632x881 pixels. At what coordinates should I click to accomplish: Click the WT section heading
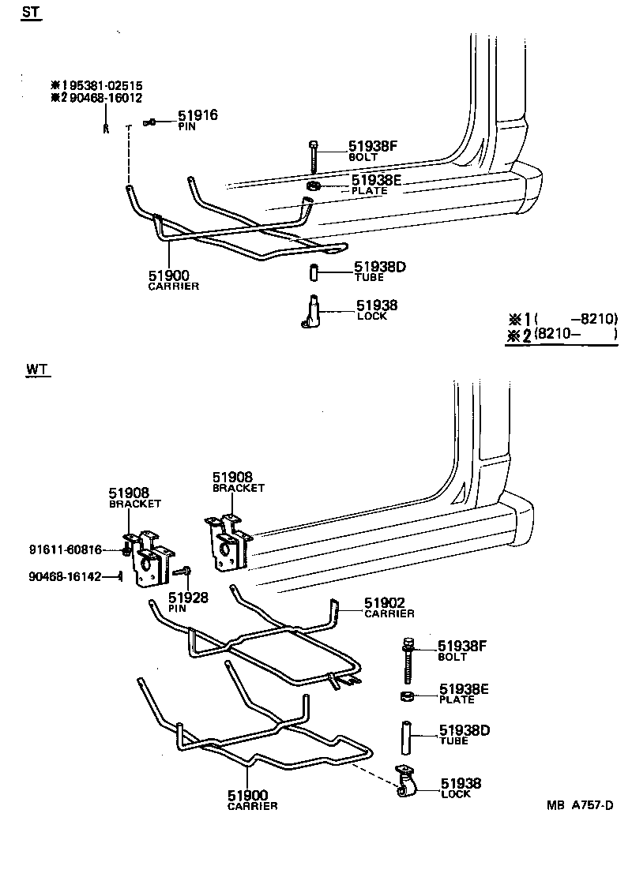click(x=36, y=369)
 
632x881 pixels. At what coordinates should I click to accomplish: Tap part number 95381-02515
click(x=102, y=85)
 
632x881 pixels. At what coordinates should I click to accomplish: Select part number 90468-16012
click(x=102, y=98)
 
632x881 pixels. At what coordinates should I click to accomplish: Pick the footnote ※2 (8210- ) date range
click(x=562, y=335)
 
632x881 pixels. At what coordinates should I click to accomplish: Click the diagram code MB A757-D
click(x=579, y=805)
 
